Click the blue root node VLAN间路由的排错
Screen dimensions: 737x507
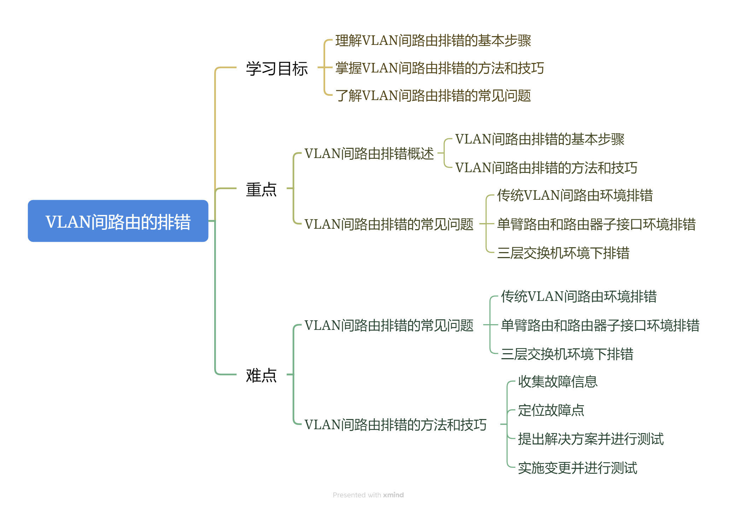pos(118,221)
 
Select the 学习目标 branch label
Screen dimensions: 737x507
pos(277,68)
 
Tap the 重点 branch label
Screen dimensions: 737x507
pos(261,189)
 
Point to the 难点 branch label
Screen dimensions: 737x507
pos(261,375)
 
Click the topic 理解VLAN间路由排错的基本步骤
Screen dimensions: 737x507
pos(433,41)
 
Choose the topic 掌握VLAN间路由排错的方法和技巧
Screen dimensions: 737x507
pos(439,68)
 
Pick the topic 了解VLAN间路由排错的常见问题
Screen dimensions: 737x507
pos(433,96)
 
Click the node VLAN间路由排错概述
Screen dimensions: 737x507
pos(369,153)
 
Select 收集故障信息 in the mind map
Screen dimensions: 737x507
pos(557,381)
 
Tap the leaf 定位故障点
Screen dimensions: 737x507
pos(551,410)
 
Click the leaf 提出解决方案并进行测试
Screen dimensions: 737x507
pos(591,439)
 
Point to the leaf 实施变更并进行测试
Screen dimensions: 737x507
pos(577,468)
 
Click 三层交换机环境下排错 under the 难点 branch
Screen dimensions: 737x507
pos(567,354)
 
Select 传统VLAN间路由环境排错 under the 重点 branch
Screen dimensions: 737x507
pos(575,195)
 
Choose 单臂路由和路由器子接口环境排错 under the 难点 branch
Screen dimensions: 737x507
pos(600,325)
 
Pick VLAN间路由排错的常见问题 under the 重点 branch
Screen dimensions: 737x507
pos(389,224)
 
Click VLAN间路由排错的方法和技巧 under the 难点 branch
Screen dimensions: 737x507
pos(395,425)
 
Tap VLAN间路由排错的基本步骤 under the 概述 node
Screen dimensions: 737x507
pos(539,139)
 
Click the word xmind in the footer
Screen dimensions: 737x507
pos(393,495)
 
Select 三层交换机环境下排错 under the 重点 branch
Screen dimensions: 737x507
pos(563,253)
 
